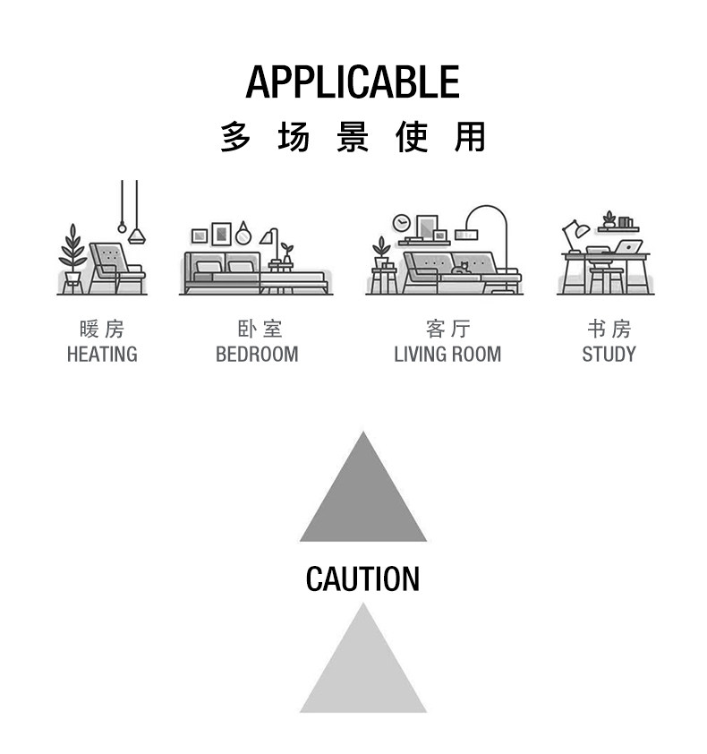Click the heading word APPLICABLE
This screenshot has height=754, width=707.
tap(353, 82)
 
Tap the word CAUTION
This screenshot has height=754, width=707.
tap(362, 579)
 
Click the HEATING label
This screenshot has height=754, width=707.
tap(102, 355)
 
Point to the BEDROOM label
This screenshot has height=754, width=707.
tap(257, 355)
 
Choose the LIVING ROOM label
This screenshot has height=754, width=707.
tap(447, 355)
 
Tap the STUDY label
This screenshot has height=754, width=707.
tap(609, 355)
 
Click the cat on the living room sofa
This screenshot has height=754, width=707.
tap(460, 268)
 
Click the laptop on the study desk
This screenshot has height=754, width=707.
tap(628, 247)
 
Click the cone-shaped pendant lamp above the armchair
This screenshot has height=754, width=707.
tap(136, 236)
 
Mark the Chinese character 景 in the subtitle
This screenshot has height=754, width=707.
tap(353, 138)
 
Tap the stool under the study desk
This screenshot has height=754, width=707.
tap(606, 280)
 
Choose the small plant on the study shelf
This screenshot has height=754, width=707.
tap(609, 219)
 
